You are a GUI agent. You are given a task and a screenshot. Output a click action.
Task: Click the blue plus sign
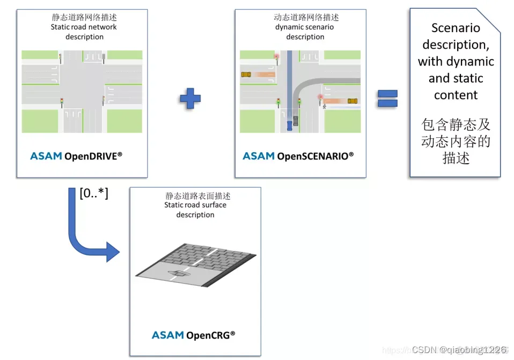(190, 99)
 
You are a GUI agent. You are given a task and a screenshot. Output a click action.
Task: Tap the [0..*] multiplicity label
(94, 193)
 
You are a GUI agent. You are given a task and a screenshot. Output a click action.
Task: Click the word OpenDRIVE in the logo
(93, 156)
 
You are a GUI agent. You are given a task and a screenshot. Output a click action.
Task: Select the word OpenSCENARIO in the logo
(315, 156)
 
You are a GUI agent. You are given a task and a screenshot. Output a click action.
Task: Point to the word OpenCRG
(210, 335)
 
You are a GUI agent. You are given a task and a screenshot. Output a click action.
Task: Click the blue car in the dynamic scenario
(290, 124)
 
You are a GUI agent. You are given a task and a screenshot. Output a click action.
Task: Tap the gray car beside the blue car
(296, 113)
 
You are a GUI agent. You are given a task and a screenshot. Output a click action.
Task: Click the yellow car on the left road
(246, 75)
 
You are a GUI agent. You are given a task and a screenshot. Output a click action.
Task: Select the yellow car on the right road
(353, 100)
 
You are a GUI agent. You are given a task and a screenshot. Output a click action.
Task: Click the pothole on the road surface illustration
(178, 274)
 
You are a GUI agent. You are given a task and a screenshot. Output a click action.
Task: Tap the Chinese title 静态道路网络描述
(84, 17)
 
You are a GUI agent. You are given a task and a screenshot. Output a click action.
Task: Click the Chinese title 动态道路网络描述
(306, 17)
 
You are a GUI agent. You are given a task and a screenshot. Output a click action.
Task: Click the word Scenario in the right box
(456, 28)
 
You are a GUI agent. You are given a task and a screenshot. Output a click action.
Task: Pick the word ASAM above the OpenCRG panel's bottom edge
(167, 335)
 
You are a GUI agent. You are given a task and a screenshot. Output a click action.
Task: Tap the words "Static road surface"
(195, 205)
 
